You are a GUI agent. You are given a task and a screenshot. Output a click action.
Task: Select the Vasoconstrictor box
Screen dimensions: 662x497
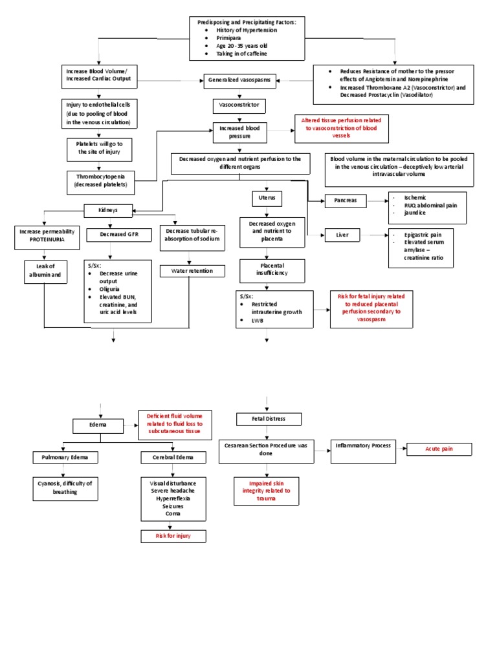tap(239, 104)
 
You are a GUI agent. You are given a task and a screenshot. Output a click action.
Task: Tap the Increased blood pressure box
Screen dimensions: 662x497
tap(239, 133)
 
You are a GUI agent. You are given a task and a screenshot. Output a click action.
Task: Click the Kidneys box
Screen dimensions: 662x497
tap(108, 209)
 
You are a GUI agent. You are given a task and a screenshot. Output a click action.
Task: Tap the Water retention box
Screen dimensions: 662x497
tap(192, 271)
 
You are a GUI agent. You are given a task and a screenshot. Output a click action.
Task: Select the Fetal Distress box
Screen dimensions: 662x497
tap(268, 419)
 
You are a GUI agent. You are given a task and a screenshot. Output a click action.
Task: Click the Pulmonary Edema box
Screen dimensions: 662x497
tap(65, 458)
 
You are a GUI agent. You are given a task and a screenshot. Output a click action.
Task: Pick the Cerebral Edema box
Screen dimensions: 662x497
tap(173, 458)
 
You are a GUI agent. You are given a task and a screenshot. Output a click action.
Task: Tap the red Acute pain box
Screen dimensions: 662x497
tap(439, 449)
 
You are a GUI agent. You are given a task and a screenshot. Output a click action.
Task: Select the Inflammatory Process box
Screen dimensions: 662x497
tap(362, 446)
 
